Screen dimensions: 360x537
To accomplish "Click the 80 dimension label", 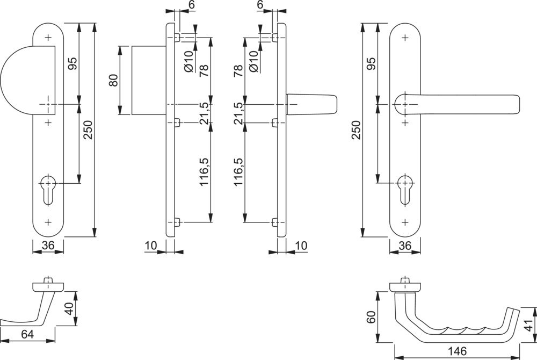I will coord(113,80).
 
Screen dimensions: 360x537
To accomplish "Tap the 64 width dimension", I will coord(28,334).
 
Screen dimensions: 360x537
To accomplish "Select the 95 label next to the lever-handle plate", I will coord(371,63).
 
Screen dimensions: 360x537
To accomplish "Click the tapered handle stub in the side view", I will coord(311,104).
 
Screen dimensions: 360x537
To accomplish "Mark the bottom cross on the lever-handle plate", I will coord(404,221).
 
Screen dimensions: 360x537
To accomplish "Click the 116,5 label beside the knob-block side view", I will coord(204,172).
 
